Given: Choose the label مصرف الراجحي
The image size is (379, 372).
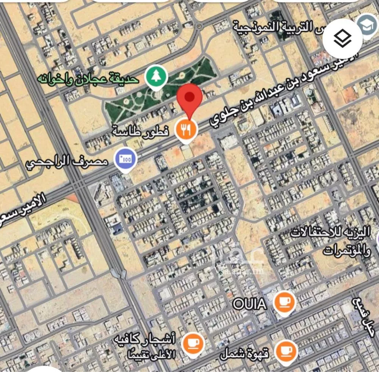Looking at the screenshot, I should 67,163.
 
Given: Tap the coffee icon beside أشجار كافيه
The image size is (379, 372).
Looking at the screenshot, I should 192,344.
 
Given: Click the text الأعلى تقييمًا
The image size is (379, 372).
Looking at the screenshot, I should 154,355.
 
